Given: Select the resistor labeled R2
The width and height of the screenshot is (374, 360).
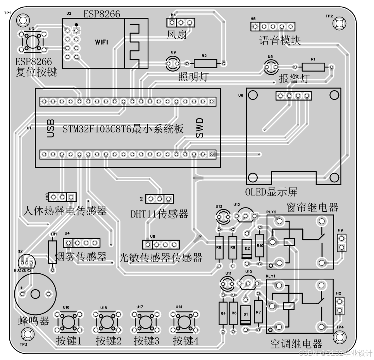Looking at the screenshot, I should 205,63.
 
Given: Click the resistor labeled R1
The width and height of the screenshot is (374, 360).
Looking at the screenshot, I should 314,67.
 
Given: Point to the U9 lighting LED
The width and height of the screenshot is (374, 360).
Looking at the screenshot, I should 173,62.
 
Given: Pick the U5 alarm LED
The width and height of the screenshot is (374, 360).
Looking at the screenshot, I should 271,68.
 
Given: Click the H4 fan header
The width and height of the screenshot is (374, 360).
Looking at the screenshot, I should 181,22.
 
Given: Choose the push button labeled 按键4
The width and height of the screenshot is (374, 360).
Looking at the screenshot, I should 183,321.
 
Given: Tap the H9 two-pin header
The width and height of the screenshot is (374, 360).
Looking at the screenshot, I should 341,242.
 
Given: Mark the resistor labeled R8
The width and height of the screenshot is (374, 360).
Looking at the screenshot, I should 219,248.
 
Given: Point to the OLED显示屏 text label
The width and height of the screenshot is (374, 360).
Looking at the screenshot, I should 271,192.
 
